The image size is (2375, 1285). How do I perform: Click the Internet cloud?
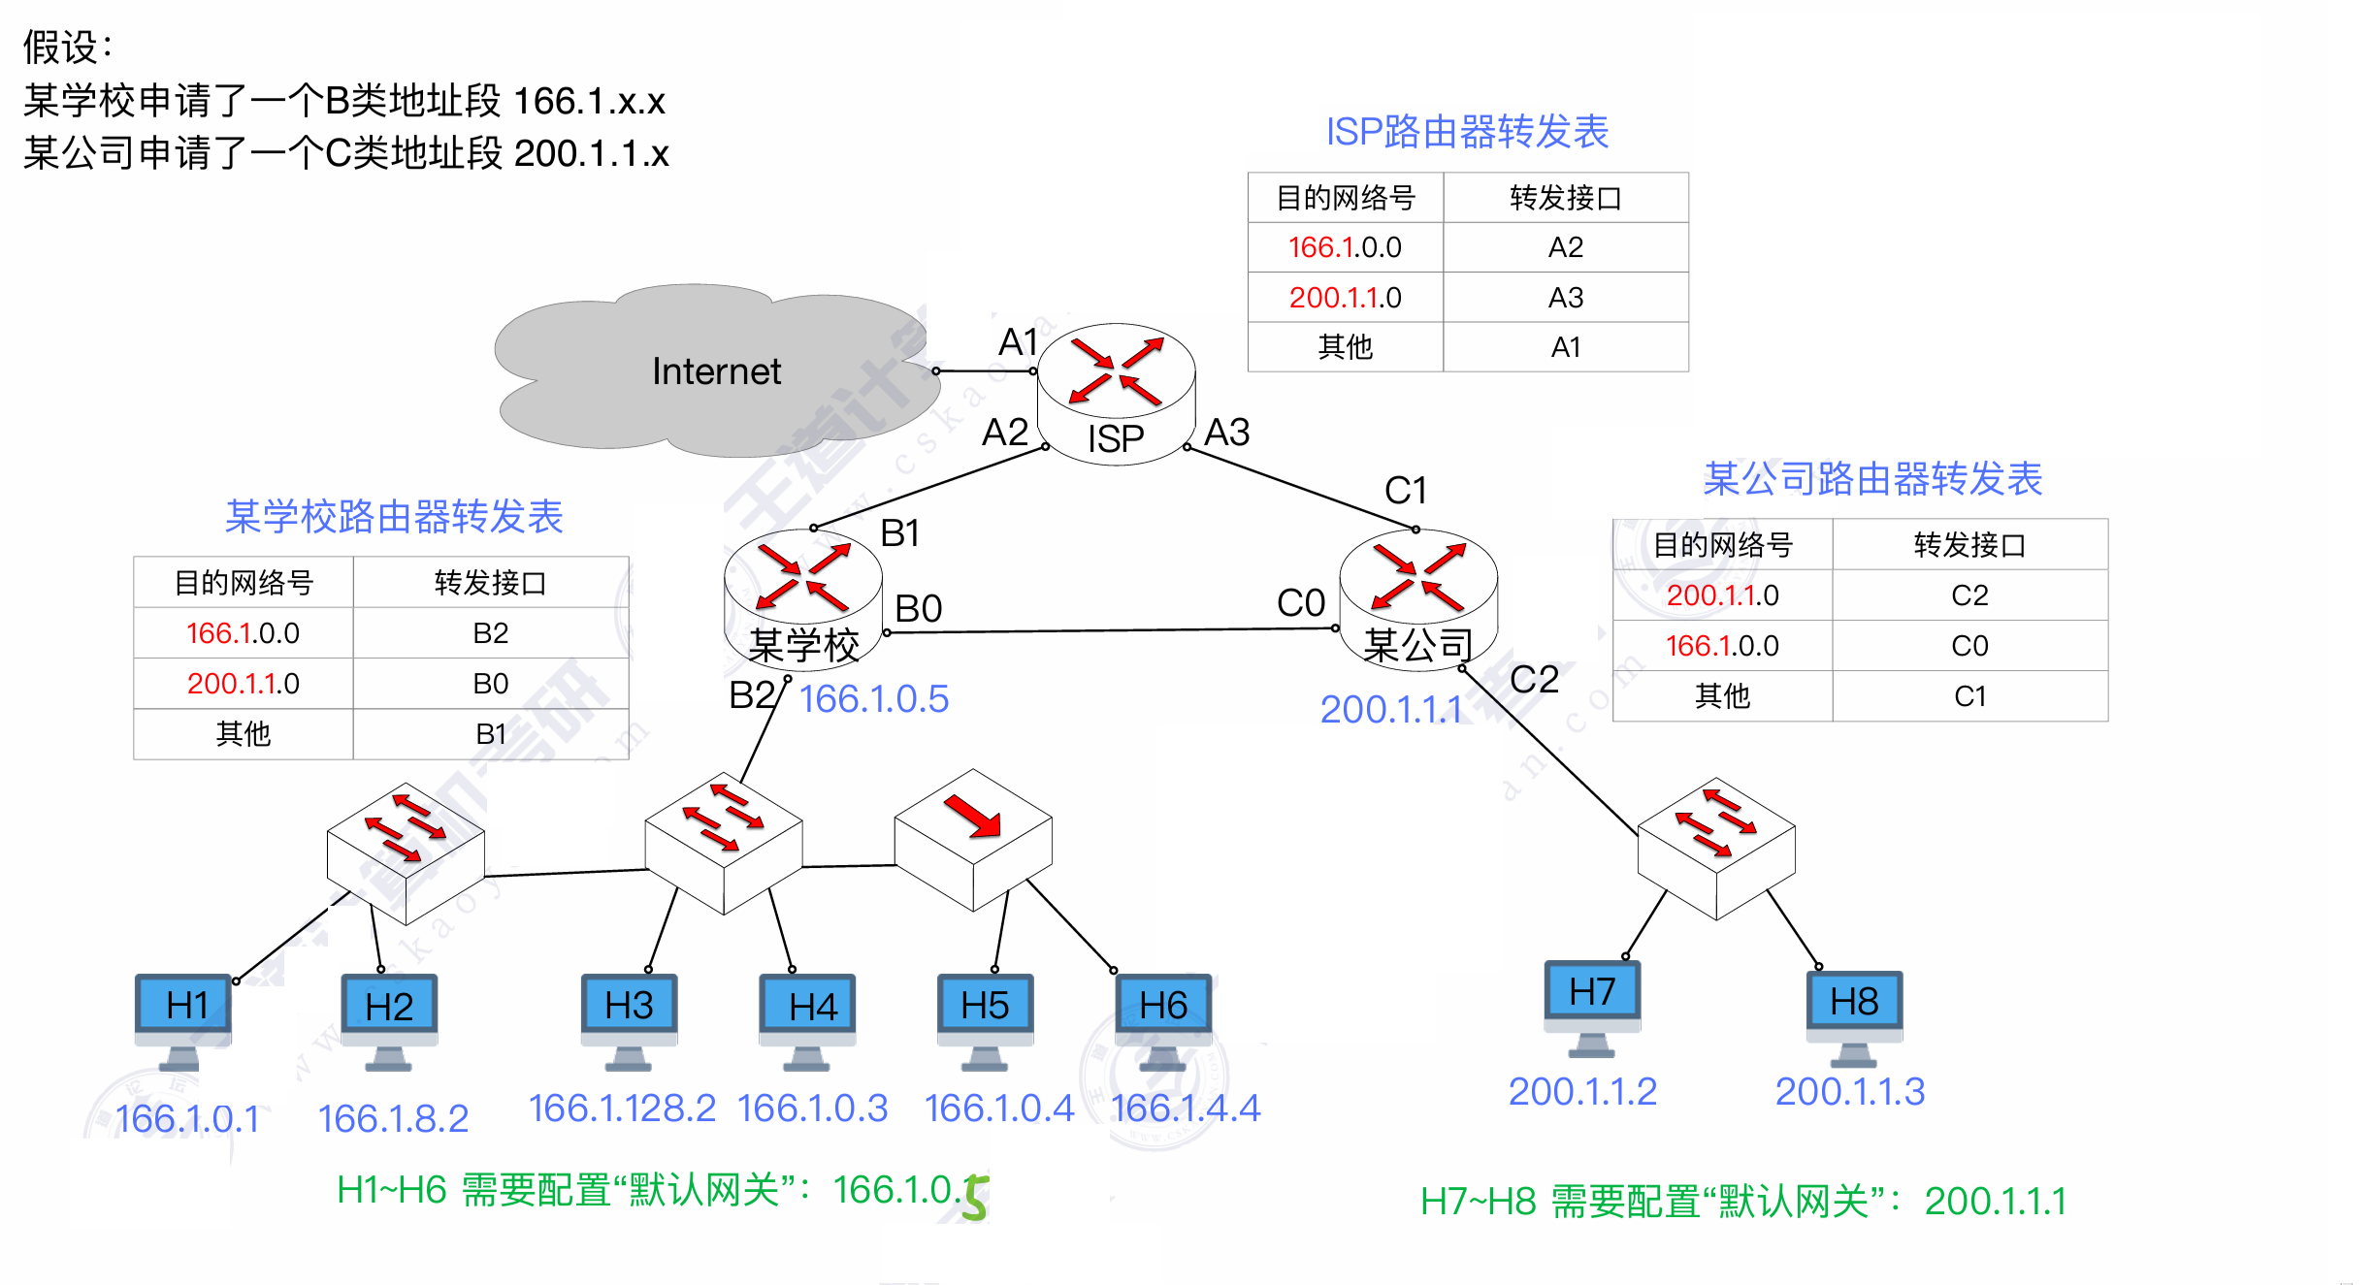[716, 371]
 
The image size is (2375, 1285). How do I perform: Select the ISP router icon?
[1116, 393]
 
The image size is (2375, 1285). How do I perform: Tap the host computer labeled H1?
[184, 1018]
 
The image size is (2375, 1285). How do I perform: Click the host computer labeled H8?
[1854, 1013]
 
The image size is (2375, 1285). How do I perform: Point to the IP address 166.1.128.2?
[622, 1108]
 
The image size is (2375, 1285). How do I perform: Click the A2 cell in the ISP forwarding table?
[1565, 247]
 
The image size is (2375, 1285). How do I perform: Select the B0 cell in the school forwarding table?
[490, 684]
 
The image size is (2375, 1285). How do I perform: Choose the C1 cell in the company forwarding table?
[1969, 696]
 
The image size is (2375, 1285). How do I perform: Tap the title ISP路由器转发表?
[1467, 132]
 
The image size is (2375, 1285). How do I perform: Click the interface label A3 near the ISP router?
[1227, 433]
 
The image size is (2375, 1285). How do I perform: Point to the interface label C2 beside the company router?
[1535, 679]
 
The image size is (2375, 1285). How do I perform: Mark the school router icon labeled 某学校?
[803, 596]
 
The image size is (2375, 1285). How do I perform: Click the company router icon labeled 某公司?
[1418, 596]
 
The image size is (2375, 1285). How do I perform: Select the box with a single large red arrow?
[973, 839]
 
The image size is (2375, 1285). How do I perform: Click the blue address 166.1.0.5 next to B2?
[874, 699]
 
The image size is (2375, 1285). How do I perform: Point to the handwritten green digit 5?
[975, 1197]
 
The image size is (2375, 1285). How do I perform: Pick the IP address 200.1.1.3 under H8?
[1849, 1092]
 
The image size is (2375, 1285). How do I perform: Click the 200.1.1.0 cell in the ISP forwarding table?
[1345, 298]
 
